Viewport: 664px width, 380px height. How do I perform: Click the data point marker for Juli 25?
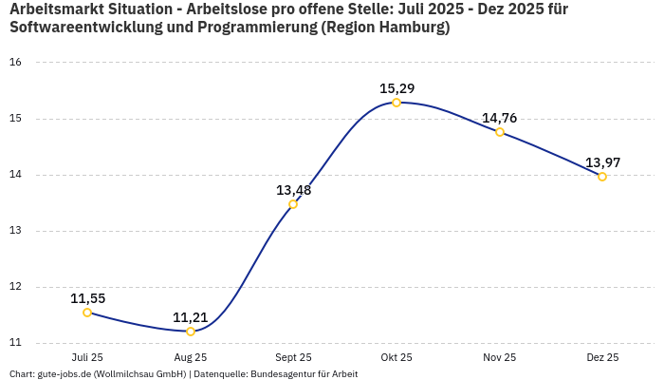click(x=87, y=313)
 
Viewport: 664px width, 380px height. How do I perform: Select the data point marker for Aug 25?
click(x=191, y=332)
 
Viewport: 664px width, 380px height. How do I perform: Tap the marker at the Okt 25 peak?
click(x=397, y=103)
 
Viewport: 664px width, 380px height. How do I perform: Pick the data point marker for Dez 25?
click(x=602, y=177)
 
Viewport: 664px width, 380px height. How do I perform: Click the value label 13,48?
click(x=293, y=190)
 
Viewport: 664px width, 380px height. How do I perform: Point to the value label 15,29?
click(x=397, y=88)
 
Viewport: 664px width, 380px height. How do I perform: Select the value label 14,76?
click(x=499, y=118)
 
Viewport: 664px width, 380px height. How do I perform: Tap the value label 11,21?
click(x=190, y=317)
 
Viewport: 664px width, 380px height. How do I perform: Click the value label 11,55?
click(x=87, y=298)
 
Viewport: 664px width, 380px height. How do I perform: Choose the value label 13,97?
click(x=602, y=162)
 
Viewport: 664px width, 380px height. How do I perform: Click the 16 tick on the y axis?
click(x=15, y=63)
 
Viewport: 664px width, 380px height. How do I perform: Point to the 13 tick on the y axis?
click(x=15, y=231)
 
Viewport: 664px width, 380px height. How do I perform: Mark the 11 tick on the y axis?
click(x=15, y=343)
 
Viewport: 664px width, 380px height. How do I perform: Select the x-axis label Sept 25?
click(x=293, y=358)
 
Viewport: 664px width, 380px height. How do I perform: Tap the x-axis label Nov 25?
click(x=499, y=358)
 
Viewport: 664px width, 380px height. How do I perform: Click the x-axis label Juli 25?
click(x=87, y=358)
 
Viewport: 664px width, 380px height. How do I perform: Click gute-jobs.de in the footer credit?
click(x=65, y=374)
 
